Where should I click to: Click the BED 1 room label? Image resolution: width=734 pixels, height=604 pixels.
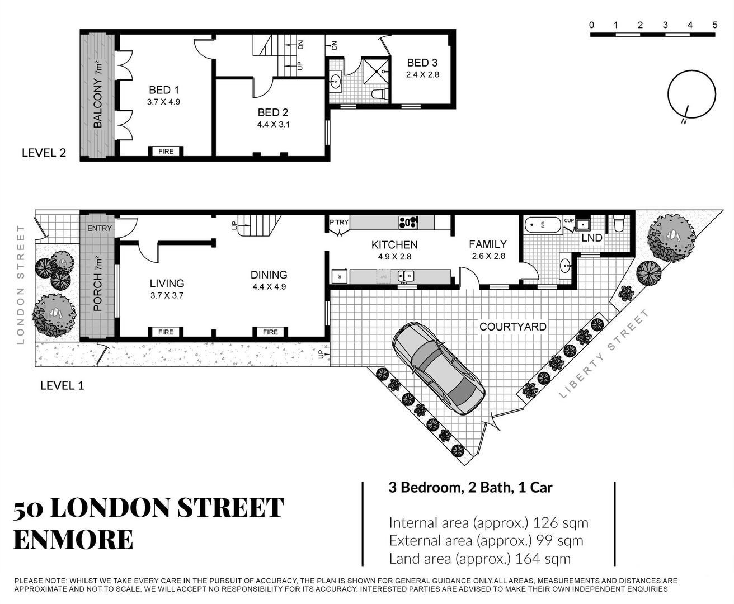[x=163, y=90]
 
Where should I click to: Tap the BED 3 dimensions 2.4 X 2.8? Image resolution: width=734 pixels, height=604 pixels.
[x=422, y=75]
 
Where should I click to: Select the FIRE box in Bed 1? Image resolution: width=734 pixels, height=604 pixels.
[x=166, y=152]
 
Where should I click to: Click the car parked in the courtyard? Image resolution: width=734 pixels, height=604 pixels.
[x=439, y=368]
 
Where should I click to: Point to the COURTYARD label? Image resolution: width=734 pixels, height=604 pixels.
[x=512, y=327]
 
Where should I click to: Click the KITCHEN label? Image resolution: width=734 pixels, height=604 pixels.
[x=394, y=245]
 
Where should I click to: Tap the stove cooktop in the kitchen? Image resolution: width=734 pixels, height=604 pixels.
[x=408, y=223]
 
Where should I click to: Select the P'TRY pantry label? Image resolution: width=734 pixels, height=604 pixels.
[x=339, y=222]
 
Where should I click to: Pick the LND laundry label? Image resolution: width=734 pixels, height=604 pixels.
[x=592, y=238]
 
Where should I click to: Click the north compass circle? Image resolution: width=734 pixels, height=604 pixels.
[x=691, y=95]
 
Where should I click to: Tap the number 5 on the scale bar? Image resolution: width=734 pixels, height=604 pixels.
[x=715, y=25]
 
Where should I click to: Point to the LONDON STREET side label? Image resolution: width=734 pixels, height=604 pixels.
[x=21, y=285]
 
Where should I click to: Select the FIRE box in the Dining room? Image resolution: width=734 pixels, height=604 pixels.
[x=270, y=332]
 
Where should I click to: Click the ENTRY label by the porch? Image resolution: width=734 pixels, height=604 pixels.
[x=100, y=228]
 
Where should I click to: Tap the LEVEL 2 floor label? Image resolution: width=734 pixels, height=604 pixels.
[x=44, y=153]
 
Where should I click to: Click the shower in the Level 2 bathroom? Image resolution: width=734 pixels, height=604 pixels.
[x=376, y=72]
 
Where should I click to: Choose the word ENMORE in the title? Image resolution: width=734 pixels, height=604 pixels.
[x=73, y=540]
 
